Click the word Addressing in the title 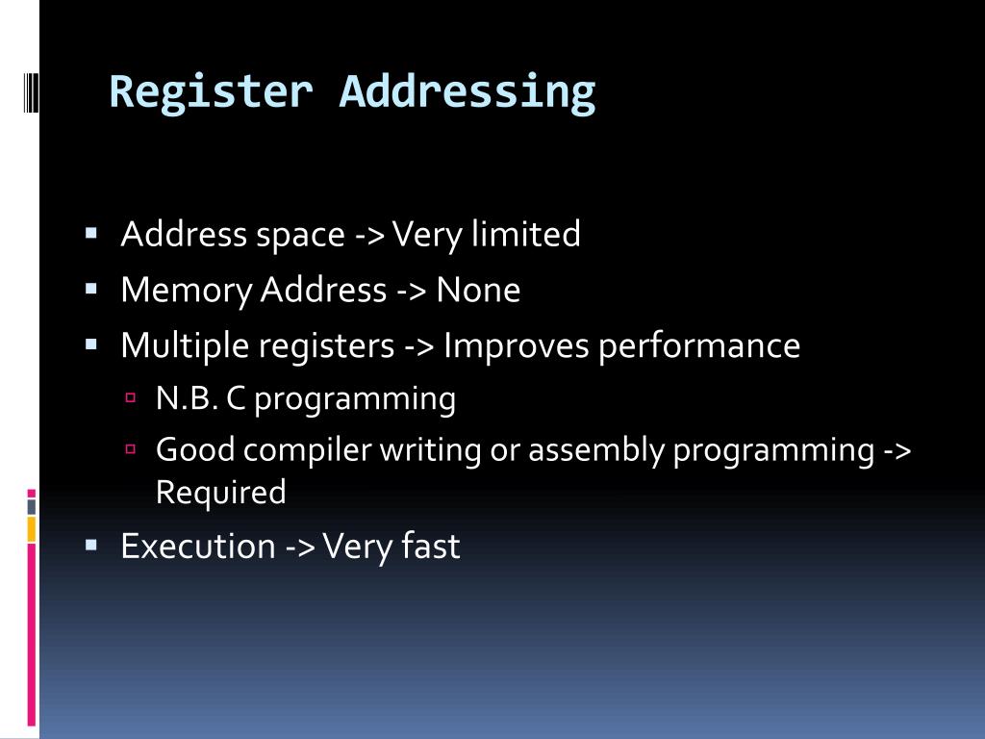pyautogui.click(x=467, y=92)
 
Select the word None pyautogui.click(x=478, y=290)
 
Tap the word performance pyautogui.click(x=699, y=345)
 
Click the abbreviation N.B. pyautogui.click(x=187, y=398)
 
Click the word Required pyautogui.click(x=221, y=493)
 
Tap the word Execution pyautogui.click(x=198, y=547)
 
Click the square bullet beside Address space pyautogui.click(x=91, y=233)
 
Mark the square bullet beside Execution pyautogui.click(x=91, y=545)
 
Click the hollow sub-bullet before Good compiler pyautogui.click(x=132, y=448)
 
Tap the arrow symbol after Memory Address pyautogui.click(x=411, y=291)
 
